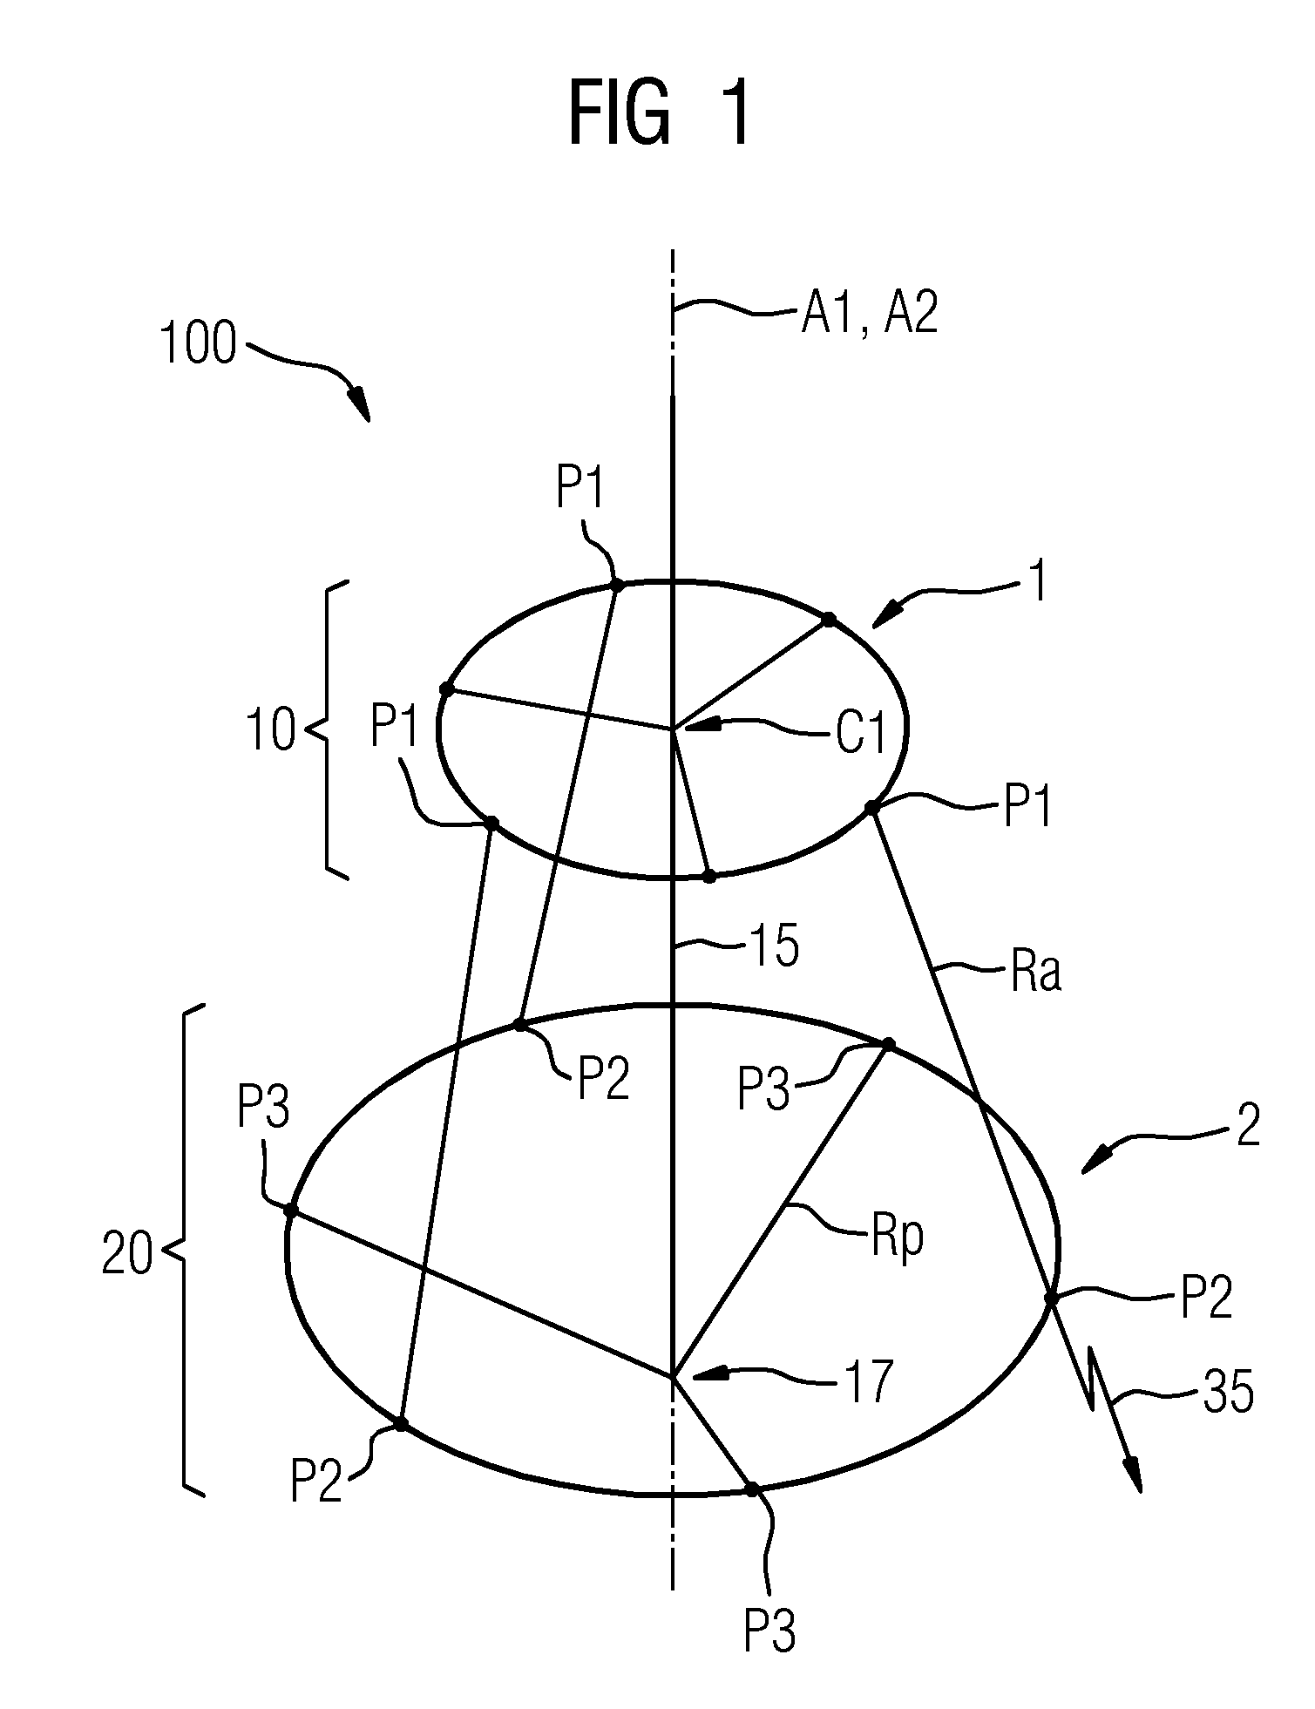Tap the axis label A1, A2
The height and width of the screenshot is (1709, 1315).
(869, 313)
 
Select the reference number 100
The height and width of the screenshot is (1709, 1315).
(198, 344)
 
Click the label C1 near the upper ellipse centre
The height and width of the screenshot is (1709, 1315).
(861, 733)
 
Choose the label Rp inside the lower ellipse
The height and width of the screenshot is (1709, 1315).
(898, 1238)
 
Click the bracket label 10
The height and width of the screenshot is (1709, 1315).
(272, 730)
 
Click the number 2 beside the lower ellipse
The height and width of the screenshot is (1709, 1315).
(1248, 1126)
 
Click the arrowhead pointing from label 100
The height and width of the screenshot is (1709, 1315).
(359, 408)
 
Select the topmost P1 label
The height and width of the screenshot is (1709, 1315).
(580, 492)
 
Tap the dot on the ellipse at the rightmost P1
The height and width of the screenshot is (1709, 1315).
(870, 808)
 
